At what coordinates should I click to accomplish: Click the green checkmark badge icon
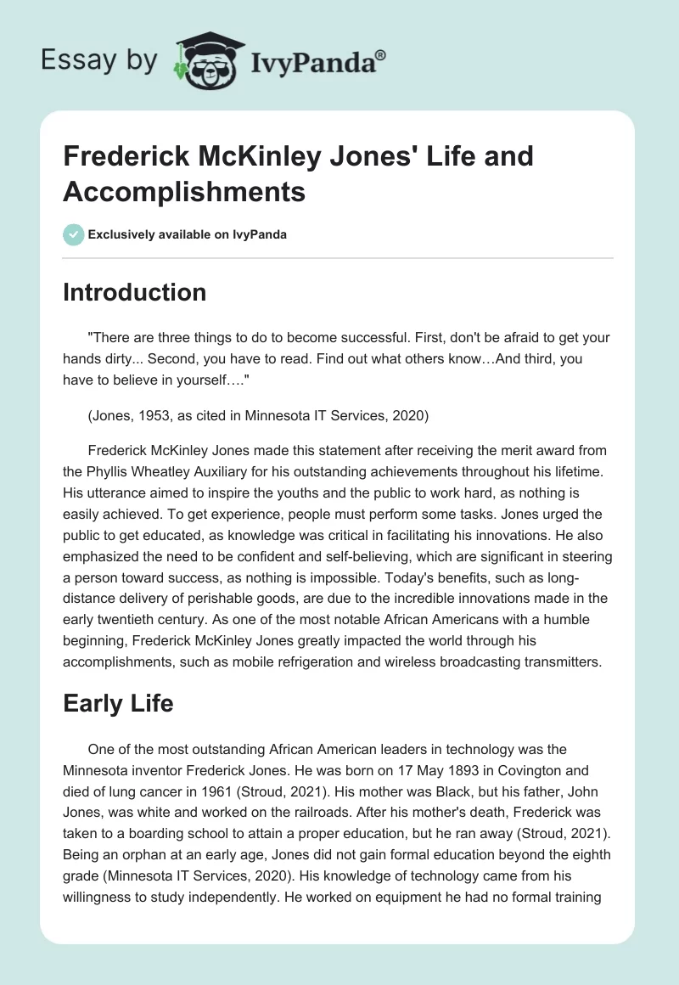[x=74, y=234]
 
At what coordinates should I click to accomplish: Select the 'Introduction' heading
[x=134, y=292]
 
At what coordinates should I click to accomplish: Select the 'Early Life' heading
[x=118, y=702]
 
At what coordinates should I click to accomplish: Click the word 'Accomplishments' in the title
[x=184, y=192]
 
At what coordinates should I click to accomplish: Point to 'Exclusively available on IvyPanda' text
[x=187, y=234]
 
